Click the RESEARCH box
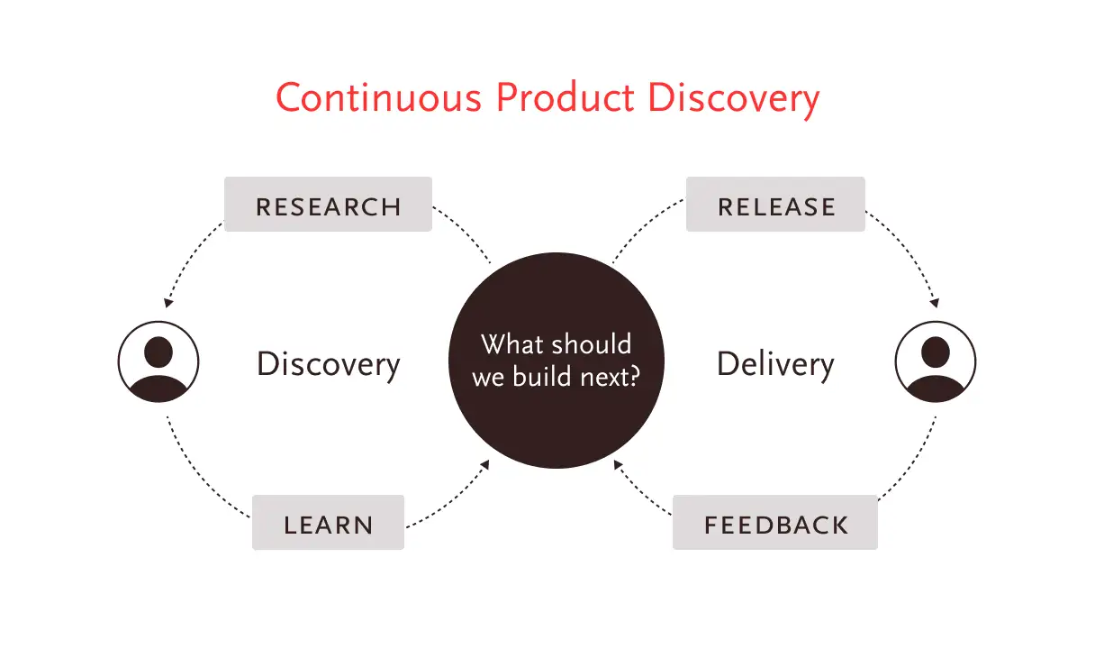328,204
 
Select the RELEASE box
776,204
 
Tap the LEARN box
328,522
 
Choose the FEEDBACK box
775,522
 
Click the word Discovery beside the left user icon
329,365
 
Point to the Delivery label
775,365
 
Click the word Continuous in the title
379,97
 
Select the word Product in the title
566,97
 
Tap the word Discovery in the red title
734,100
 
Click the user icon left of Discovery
158,361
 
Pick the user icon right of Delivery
936,361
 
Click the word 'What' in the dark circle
511,343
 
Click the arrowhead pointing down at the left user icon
168,303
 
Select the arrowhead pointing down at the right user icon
935,303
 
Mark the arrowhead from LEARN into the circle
484,464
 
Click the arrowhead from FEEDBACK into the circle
619,464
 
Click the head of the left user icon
158,352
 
